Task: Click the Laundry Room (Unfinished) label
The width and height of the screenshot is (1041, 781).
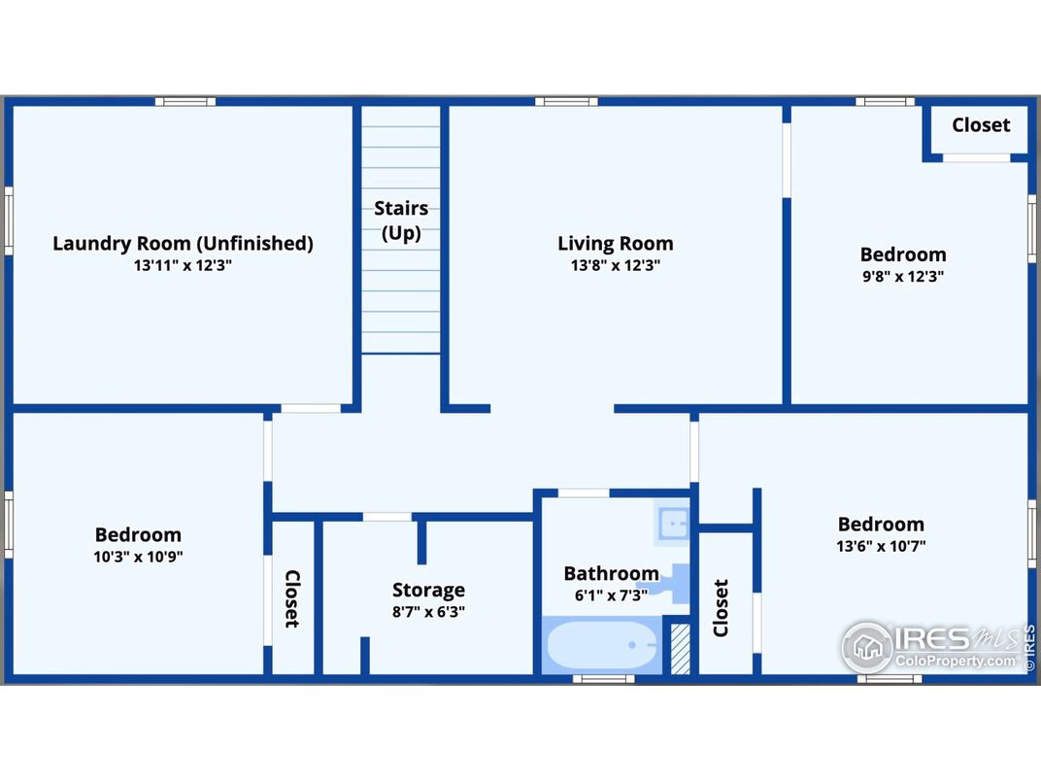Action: pyautogui.click(x=183, y=243)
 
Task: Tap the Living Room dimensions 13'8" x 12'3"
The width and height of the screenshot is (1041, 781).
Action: pyautogui.click(x=616, y=265)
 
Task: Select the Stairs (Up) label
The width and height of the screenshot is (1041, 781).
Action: pyautogui.click(x=401, y=221)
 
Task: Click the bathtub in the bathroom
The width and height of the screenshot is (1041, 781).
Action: pyautogui.click(x=602, y=645)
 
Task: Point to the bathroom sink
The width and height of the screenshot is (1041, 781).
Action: pyautogui.click(x=673, y=524)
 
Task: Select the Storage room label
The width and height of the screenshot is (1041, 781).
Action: pyautogui.click(x=428, y=590)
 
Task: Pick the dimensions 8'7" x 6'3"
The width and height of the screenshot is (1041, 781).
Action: pyautogui.click(x=428, y=612)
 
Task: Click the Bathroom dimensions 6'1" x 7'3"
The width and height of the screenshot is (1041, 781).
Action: pyautogui.click(x=611, y=595)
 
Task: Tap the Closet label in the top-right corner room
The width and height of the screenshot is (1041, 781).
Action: pyautogui.click(x=981, y=125)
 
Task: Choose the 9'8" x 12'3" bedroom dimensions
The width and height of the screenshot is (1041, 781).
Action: pyautogui.click(x=903, y=276)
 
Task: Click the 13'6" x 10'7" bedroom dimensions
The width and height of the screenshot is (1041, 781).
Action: pyautogui.click(x=881, y=546)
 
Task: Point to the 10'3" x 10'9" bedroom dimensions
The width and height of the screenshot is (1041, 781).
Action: pyautogui.click(x=138, y=557)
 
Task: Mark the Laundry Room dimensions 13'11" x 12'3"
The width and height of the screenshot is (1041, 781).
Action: pyautogui.click(x=183, y=265)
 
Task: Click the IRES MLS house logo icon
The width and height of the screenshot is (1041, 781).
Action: pyautogui.click(x=867, y=646)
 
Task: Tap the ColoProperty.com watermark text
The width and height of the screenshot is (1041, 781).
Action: pyautogui.click(x=956, y=661)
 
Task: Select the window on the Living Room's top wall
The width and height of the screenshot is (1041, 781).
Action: pyautogui.click(x=566, y=102)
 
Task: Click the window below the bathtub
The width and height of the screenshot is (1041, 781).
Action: pyautogui.click(x=603, y=679)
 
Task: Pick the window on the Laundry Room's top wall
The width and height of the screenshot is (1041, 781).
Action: pyautogui.click(x=185, y=102)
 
